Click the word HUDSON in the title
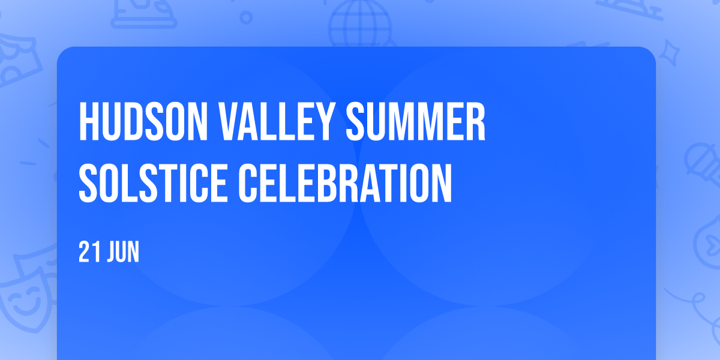[143, 121]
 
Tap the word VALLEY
[275, 121]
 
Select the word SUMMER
[415, 121]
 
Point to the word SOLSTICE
[154, 183]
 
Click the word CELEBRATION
[345, 183]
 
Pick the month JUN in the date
[124, 252]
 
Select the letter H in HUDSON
[89, 121]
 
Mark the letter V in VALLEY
[230, 121]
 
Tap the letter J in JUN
[112, 252]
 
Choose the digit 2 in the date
[84, 252]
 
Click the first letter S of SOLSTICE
[88, 183]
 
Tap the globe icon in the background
[360, 23]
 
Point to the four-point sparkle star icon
[670, 53]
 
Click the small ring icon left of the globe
[246, 17]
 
